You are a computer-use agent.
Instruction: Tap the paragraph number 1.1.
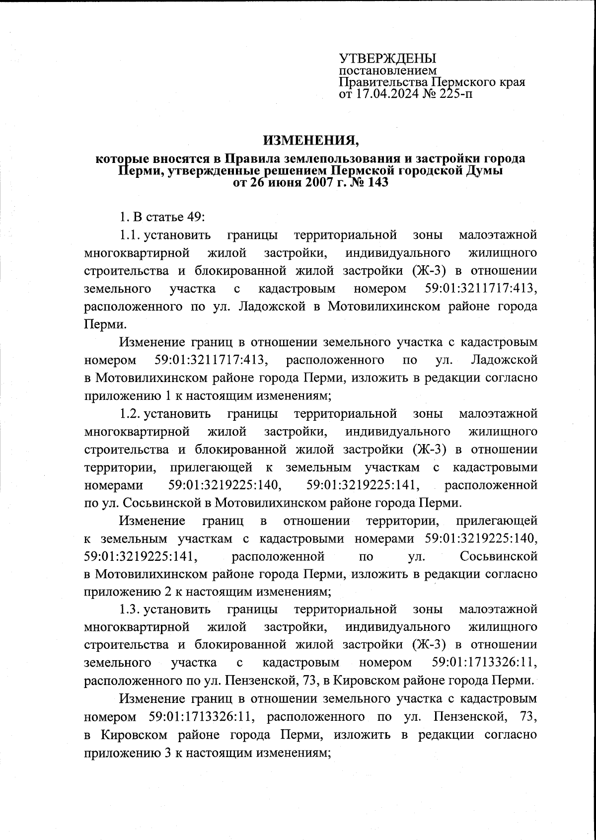click(x=131, y=235)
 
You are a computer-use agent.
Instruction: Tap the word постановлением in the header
click(x=387, y=71)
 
